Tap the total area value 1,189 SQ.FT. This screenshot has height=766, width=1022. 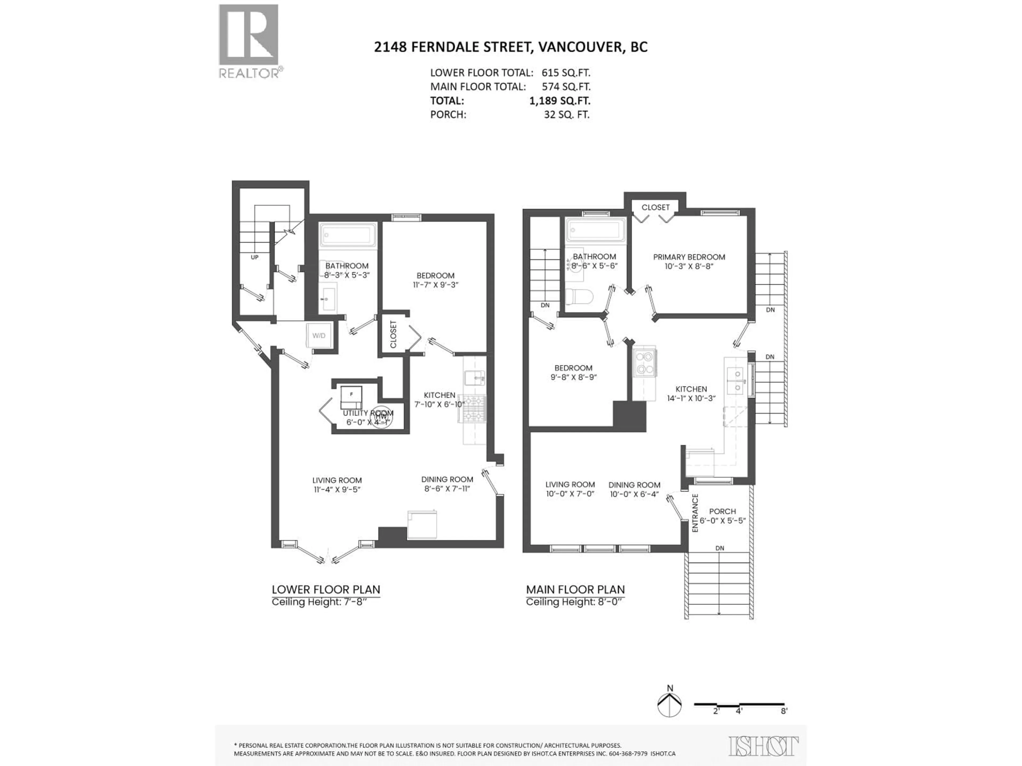coord(559,101)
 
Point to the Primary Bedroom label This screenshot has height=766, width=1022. coord(689,257)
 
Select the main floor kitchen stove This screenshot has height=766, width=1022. coord(645,363)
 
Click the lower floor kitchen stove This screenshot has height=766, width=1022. coord(472,409)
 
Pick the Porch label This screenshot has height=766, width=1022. coord(722,511)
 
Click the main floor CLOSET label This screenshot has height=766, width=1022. coord(655,207)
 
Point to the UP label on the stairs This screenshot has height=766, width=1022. coord(255,257)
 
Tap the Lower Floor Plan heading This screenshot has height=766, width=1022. coord(326,590)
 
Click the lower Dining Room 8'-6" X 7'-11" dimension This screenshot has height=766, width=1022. coord(447,489)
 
